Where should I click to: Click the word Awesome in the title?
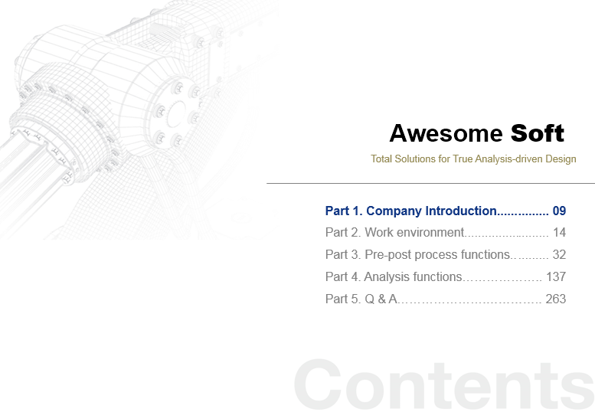coord(446,133)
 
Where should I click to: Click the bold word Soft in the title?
coord(538,133)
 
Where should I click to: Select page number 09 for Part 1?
coord(559,211)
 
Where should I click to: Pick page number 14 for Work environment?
coord(559,233)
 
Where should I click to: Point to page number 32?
coord(559,254)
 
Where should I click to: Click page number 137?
coord(556,277)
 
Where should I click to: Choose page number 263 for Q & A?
coord(556,299)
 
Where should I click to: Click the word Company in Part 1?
coord(394,211)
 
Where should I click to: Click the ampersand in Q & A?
coord(382,299)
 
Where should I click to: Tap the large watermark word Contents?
coord(444,384)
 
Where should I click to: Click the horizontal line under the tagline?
coord(430,183)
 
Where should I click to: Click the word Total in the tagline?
coord(381,159)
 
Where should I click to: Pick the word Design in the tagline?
coord(561,159)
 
